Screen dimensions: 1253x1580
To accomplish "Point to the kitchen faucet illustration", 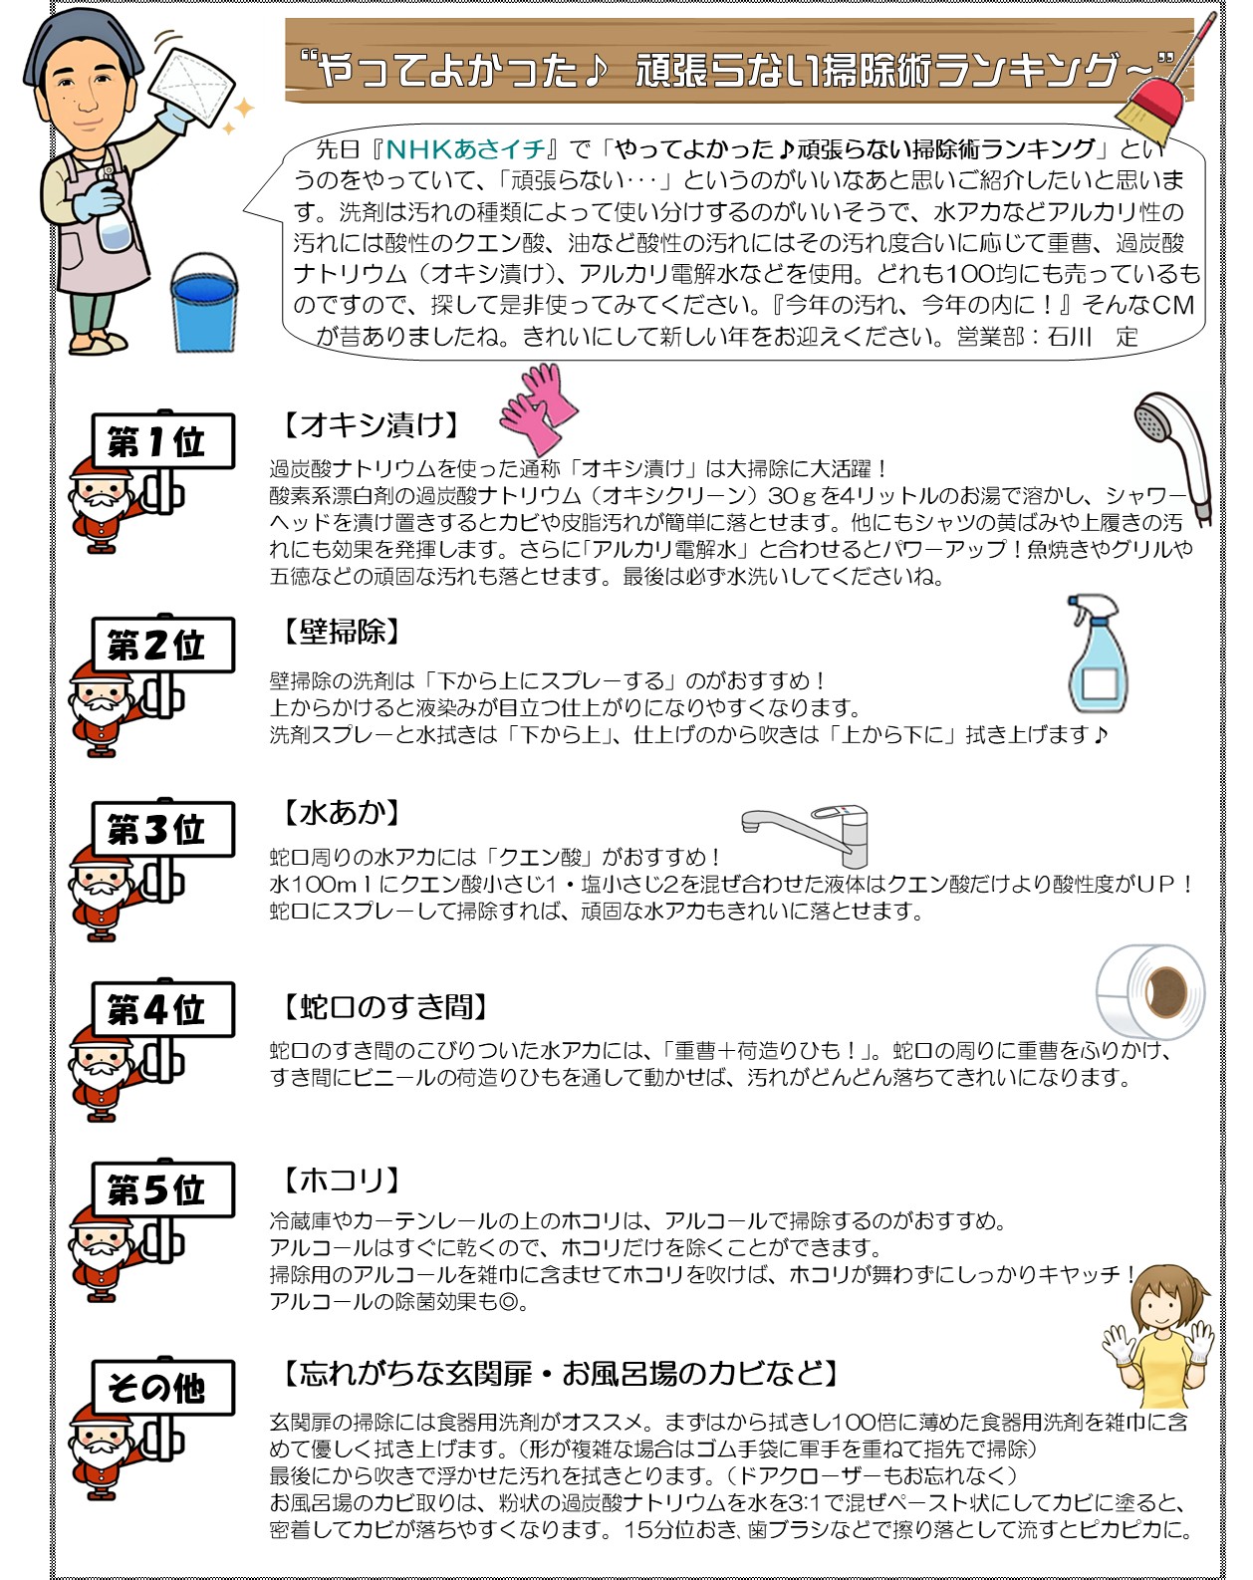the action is pos(806,836).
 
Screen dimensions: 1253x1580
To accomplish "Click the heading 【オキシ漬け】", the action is pos(372,424).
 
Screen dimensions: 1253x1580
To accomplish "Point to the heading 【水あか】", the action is pos(342,812).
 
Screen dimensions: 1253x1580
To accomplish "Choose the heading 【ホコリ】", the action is pos(342,1180).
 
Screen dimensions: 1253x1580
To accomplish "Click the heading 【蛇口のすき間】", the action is pos(386,1006).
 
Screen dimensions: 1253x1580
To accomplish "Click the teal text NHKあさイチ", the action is pos(465,149).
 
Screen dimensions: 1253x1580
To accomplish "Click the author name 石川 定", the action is pos(1093,337).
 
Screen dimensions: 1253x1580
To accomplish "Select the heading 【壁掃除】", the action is pos(342,631).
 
